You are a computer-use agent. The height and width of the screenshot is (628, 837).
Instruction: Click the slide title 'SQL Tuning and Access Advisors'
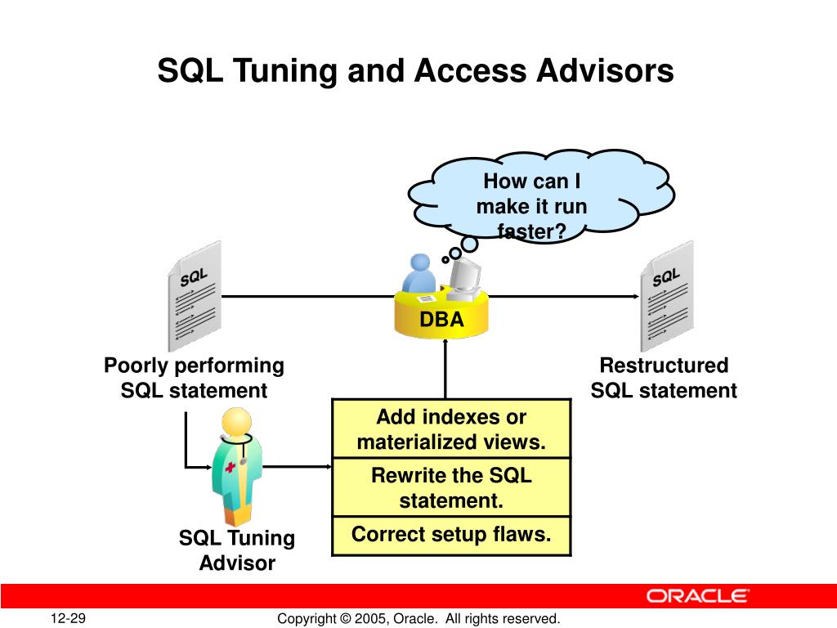pyautogui.click(x=415, y=71)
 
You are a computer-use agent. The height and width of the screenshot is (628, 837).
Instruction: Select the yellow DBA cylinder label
pyautogui.click(x=442, y=320)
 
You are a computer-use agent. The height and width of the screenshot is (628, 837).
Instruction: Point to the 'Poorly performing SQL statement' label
pyautogui.click(x=194, y=378)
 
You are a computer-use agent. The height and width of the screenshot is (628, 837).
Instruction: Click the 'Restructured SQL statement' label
pyautogui.click(x=664, y=378)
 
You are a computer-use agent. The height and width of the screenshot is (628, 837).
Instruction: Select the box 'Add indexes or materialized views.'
pyautogui.click(x=451, y=429)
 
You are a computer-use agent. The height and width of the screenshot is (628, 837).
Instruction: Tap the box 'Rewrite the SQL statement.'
pyautogui.click(x=451, y=487)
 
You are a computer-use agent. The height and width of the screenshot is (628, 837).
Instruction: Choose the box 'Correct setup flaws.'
pyautogui.click(x=451, y=535)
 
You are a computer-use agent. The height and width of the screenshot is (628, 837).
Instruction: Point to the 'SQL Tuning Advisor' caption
pyautogui.click(x=237, y=550)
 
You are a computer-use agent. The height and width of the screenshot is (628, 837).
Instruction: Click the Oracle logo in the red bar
pyautogui.click(x=697, y=595)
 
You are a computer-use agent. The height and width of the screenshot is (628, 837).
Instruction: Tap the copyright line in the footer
pyautogui.click(x=418, y=619)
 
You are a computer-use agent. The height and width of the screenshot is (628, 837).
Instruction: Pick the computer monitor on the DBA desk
pyautogui.click(x=463, y=274)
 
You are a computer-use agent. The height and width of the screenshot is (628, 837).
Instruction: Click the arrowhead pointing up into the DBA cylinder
pyautogui.click(x=446, y=344)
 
